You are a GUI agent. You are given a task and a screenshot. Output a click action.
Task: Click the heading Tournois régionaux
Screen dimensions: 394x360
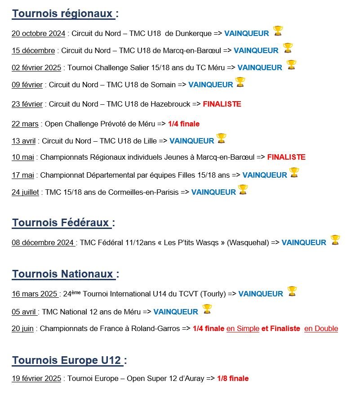pyautogui.click(x=63, y=14)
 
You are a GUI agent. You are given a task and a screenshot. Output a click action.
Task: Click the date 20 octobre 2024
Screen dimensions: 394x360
pyautogui.click(x=38, y=33)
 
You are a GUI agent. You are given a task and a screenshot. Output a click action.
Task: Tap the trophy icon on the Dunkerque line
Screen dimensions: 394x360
pyautogui.click(x=278, y=31)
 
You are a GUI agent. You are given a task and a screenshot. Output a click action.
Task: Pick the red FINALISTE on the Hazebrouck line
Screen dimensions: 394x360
pyautogui.click(x=222, y=104)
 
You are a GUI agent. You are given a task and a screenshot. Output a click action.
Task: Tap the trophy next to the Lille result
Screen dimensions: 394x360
pyautogui.click(x=221, y=138)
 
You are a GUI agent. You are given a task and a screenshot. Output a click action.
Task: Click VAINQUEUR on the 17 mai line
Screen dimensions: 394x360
pyautogui.click(x=264, y=175)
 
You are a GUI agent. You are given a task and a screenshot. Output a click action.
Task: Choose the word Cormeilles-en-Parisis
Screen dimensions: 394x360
pyautogui.click(x=143, y=193)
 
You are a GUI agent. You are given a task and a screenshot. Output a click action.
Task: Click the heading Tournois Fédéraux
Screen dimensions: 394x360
pyautogui.click(x=61, y=223)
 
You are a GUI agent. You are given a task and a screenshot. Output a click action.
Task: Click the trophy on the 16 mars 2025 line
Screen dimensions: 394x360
pyautogui.click(x=292, y=291)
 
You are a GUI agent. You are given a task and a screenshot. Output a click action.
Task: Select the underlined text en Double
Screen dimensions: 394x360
pyautogui.click(x=321, y=329)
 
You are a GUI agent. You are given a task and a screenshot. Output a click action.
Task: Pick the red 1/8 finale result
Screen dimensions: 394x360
pyautogui.click(x=233, y=379)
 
